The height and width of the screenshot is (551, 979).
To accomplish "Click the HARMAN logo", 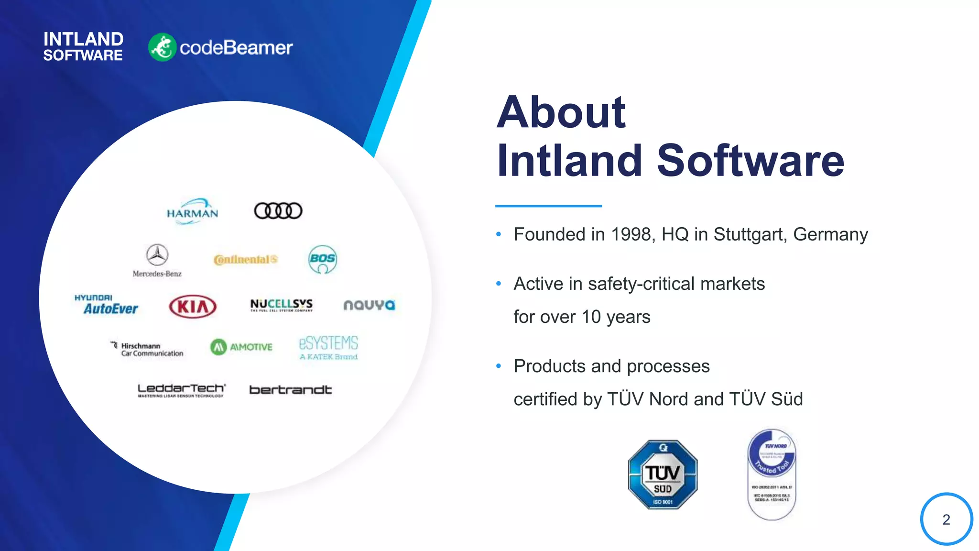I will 192,211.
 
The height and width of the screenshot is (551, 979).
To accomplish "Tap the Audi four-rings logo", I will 278,210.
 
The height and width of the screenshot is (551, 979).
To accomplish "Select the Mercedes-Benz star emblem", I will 157,255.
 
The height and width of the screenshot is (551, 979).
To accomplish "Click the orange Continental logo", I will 245,259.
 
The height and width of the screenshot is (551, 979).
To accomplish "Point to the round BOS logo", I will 323,259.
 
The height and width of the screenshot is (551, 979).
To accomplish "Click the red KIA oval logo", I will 193,306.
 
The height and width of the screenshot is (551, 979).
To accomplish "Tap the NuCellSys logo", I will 281,305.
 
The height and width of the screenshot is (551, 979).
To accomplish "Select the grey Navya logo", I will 369,305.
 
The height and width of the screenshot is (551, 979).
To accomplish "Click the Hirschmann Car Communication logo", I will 147,349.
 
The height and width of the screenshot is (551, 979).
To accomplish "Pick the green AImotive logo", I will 241,347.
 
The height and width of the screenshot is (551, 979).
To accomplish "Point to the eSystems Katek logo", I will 328,348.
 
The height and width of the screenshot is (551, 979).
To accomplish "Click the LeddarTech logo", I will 181,390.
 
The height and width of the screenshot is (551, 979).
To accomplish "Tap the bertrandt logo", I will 290,390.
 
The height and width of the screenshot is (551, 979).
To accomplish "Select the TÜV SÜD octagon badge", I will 663,474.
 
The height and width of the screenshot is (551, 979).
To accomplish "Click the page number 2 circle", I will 946,519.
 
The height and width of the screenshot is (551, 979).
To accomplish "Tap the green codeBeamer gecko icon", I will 163,47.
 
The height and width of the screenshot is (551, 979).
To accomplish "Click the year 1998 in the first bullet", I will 631,234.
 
